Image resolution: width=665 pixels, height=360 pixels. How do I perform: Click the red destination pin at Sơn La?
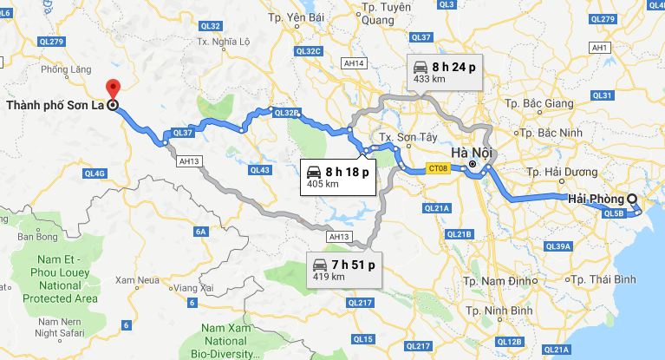coord(112,88)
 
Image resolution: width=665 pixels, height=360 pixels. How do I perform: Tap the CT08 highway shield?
coord(438,169)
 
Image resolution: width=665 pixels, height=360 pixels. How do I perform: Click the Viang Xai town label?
coord(193,286)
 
